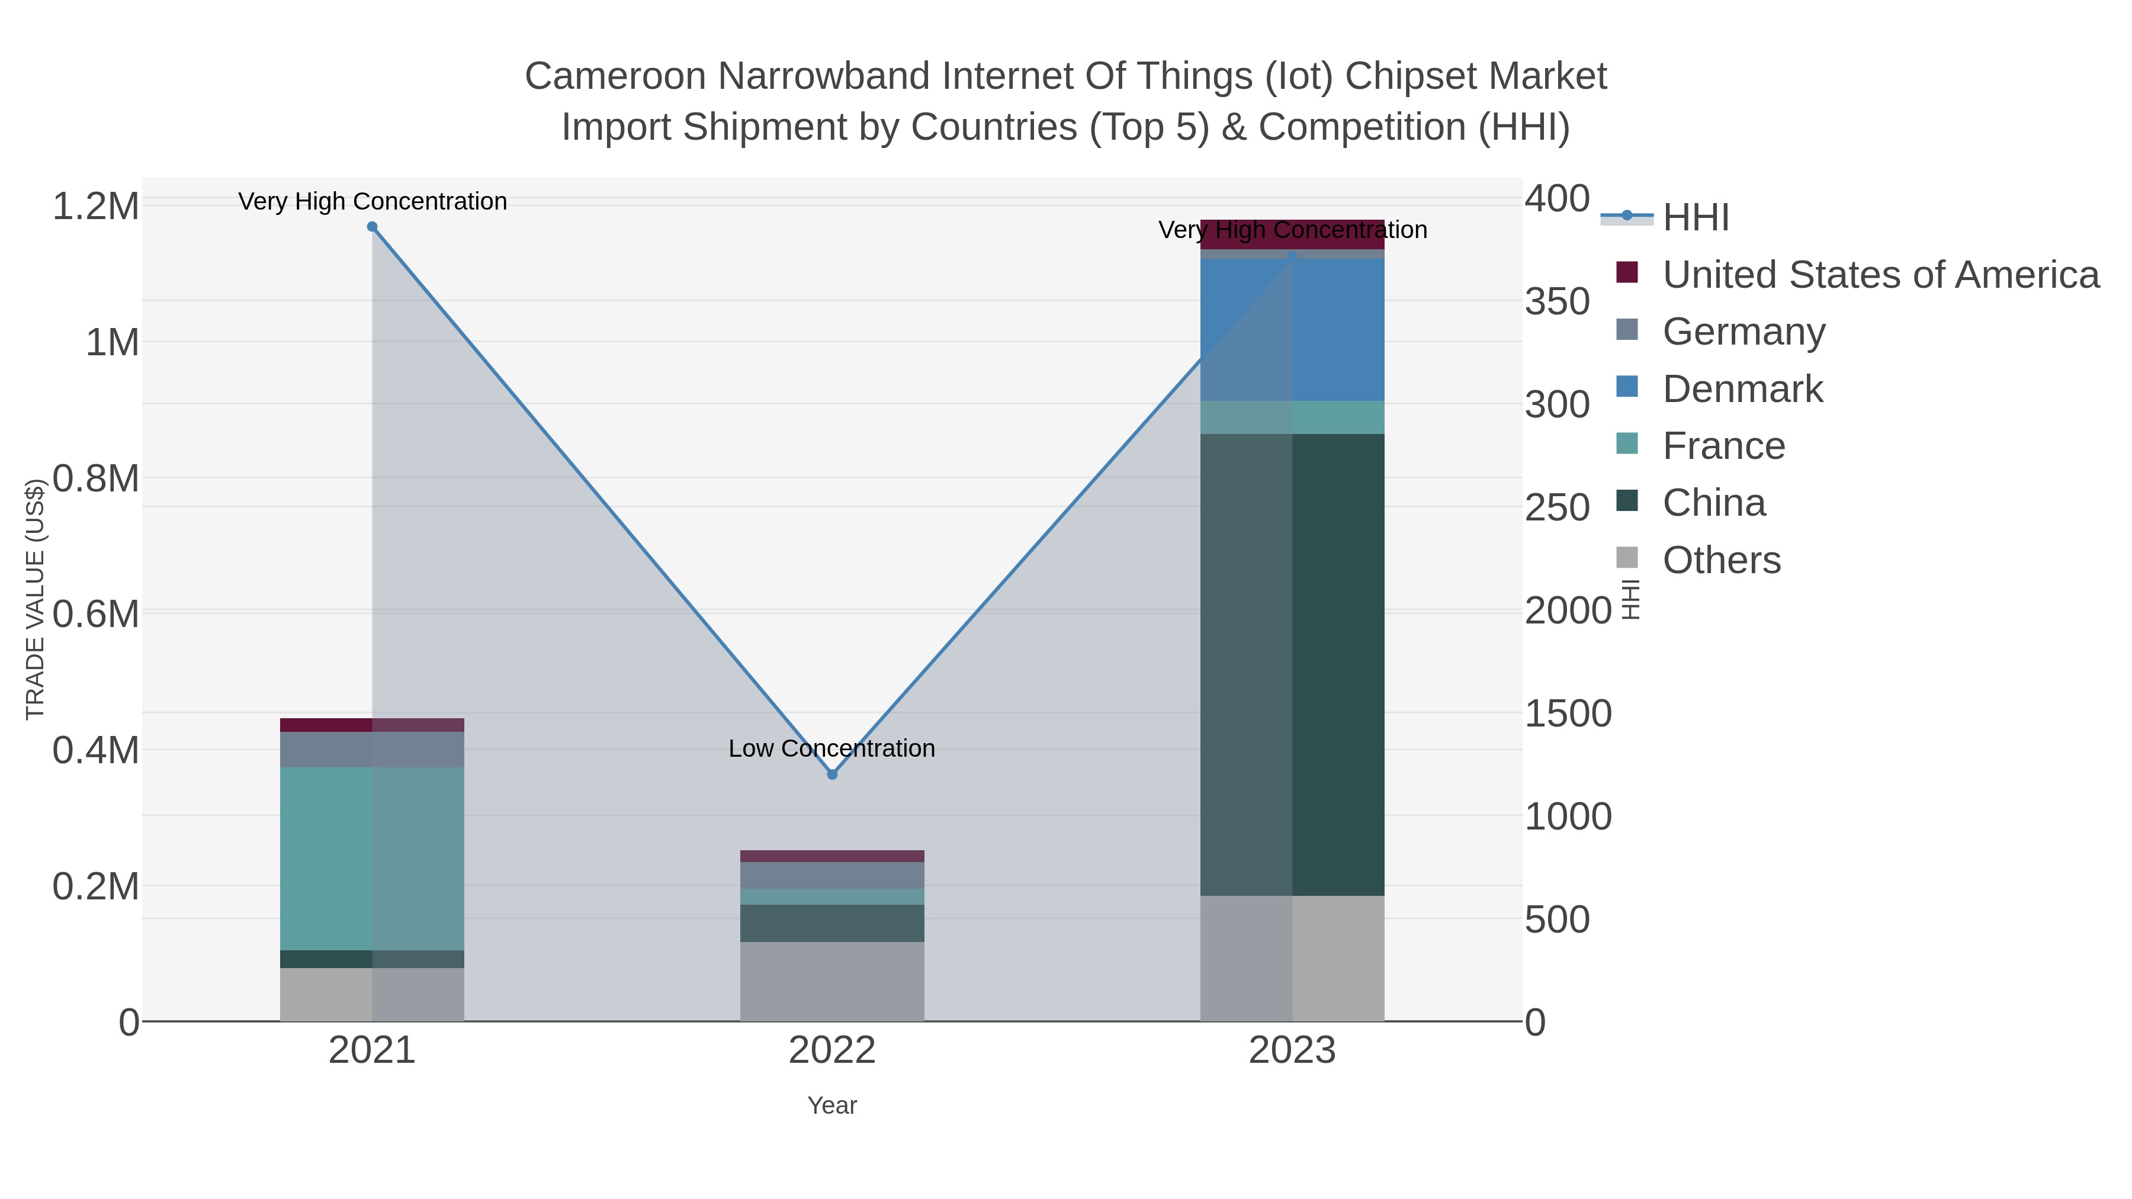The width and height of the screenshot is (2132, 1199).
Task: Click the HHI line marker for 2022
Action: click(832, 774)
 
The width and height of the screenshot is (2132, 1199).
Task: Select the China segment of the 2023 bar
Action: click(1292, 664)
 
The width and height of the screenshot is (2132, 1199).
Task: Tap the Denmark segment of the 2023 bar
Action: click(1292, 329)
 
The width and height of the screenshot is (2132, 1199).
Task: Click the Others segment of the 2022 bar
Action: click(832, 981)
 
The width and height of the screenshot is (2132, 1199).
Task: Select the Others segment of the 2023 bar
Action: click(1292, 958)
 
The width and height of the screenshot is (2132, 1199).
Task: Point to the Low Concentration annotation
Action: click(832, 748)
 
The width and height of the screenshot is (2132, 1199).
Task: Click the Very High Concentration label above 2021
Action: click(373, 201)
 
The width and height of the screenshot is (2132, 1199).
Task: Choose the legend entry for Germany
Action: click(1743, 331)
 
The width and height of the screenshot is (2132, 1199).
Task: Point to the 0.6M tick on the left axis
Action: click(96, 614)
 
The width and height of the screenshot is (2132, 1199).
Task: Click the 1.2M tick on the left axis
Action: click(96, 206)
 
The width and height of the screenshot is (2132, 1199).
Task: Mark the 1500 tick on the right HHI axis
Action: click(1568, 713)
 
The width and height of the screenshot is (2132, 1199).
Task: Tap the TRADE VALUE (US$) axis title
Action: click(36, 599)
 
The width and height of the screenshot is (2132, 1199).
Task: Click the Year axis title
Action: click(832, 1105)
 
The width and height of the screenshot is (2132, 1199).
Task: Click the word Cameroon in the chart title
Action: click(615, 76)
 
